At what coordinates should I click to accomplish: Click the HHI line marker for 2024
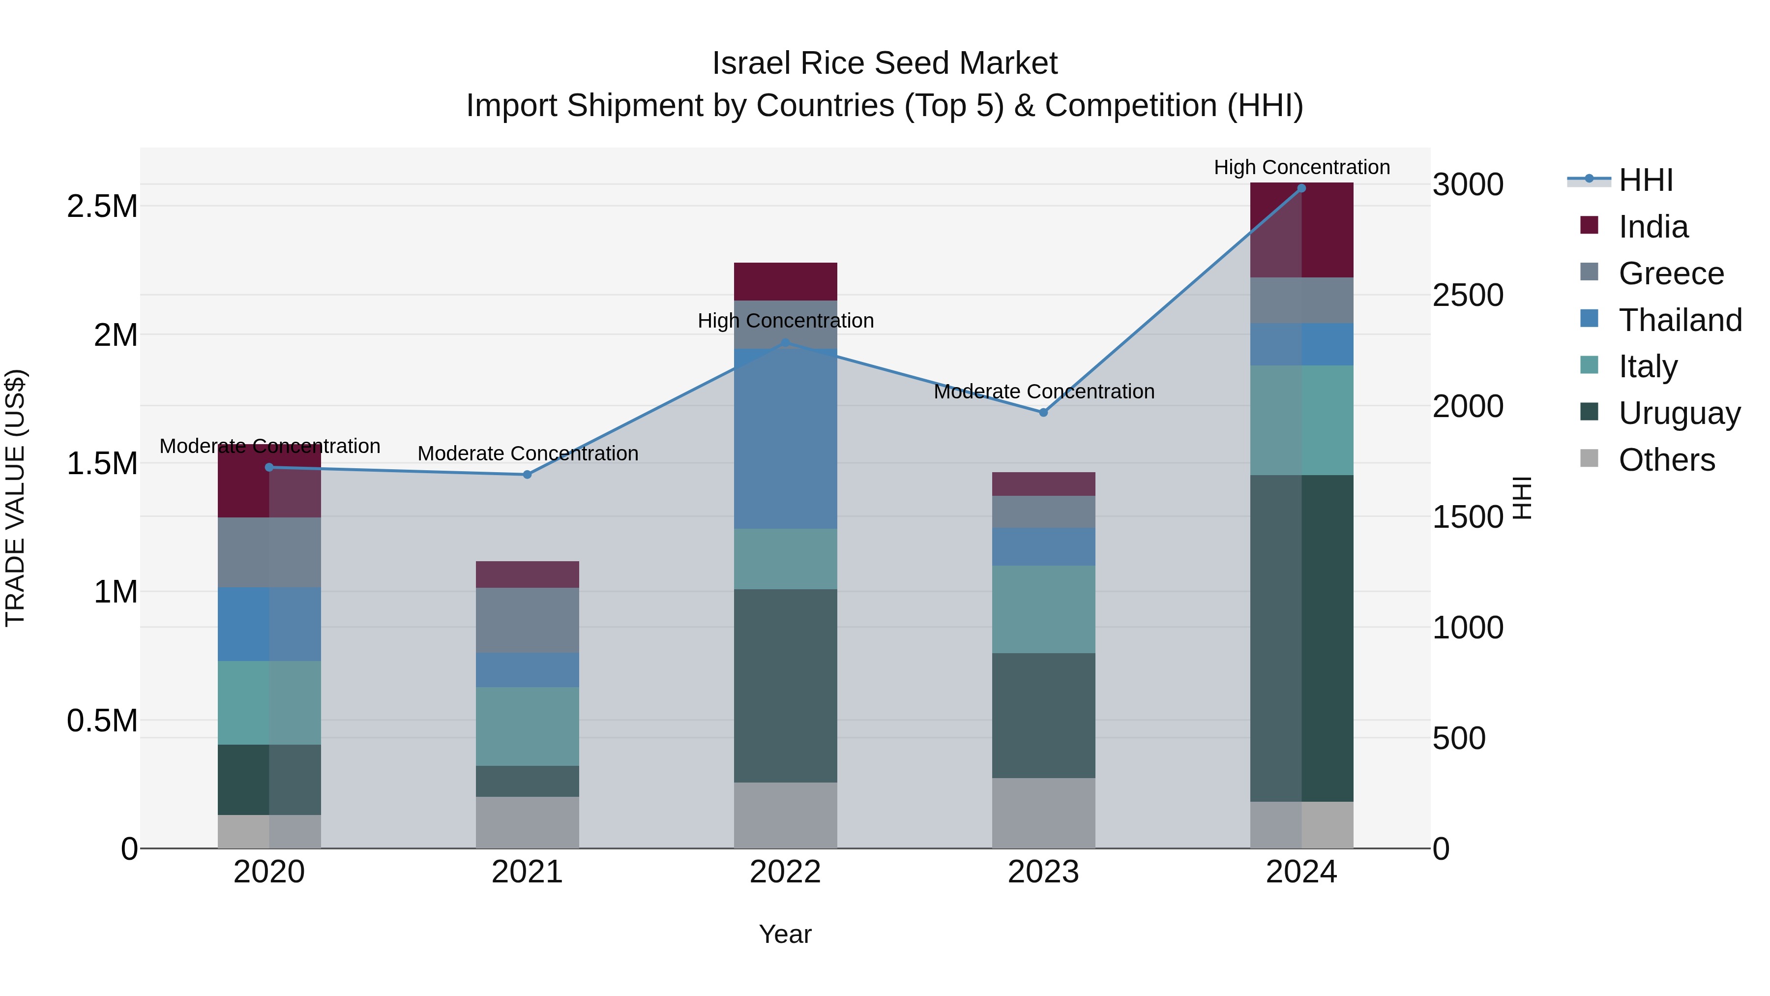[x=1301, y=188]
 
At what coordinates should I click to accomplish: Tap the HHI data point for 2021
[x=527, y=474]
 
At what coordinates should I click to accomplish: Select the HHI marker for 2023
[x=1043, y=413]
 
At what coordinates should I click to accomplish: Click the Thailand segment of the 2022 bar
[x=785, y=440]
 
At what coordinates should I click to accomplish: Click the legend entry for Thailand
[x=1680, y=320]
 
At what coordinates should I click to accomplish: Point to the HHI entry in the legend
[x=1645, y=180]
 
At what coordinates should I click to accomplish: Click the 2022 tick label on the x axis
[x=785, y=872]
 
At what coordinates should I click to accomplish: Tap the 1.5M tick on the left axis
[x=102, y=464]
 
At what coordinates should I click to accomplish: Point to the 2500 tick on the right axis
[x=1468, y=296]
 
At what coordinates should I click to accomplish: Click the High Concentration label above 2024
[x=1301, y=167]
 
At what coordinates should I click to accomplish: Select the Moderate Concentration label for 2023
[x=1043, y=391]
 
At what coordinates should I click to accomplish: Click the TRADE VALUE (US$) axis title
[x=15, y=498]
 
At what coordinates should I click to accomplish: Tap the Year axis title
[x=785, y=934]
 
